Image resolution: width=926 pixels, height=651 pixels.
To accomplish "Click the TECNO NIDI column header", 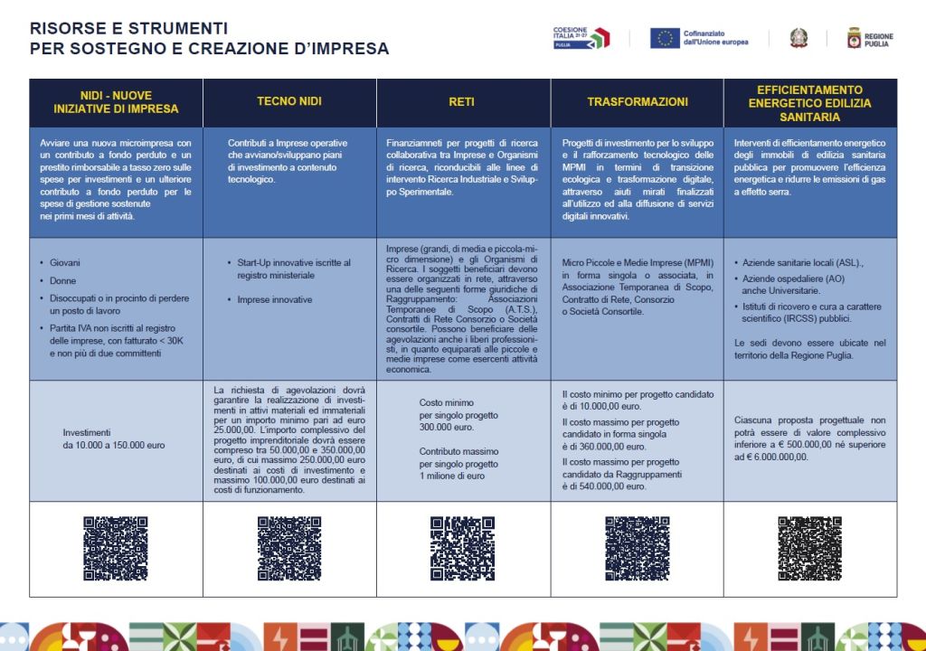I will coord(289,102).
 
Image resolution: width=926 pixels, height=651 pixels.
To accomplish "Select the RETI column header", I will coord(462,102).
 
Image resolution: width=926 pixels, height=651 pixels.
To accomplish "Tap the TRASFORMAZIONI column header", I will coord(637,102).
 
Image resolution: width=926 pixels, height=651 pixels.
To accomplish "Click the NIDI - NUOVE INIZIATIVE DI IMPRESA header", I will coord(116,102).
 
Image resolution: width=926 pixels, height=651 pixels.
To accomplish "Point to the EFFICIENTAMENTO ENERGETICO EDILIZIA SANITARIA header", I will coord(809,102).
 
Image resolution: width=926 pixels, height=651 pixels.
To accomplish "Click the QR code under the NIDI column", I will coord(116,549).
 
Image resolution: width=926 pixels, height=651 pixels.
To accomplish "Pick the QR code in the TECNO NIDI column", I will coord(289,549).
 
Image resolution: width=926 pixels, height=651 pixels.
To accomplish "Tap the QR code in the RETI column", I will coord(462,549).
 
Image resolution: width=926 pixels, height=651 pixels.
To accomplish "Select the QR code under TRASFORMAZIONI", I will coord(637,549).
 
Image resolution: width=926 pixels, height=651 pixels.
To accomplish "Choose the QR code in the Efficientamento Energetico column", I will coord(809,549).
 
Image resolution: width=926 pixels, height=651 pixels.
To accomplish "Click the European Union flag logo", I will coord(665,38).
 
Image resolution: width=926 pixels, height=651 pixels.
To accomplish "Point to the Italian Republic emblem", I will coord(798,38).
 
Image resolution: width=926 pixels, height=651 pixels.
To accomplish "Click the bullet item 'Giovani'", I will coord(64,263).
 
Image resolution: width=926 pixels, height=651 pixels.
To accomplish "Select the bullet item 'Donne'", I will coord(63,281).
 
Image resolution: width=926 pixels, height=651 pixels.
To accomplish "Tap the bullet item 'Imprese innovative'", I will coord(274,299).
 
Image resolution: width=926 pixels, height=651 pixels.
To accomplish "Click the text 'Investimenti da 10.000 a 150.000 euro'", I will coord(114,439).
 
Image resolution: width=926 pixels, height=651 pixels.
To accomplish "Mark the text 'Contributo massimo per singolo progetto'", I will coord(458,458).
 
